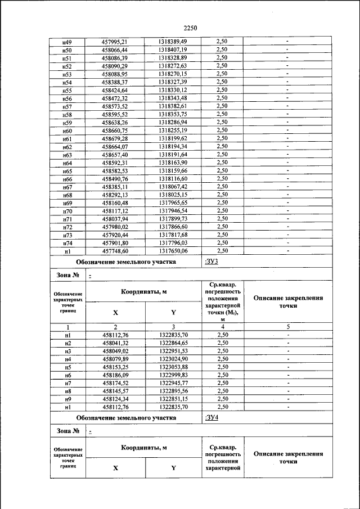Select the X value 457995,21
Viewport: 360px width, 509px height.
pyautogui.click(x=115, y=42)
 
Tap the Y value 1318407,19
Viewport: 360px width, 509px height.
pyautogui.click(x=173, y=49)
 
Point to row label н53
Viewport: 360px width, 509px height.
pyautogui.click(x=67, y=74)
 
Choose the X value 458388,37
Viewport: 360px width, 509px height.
pyautogui.click(x=115, y=82)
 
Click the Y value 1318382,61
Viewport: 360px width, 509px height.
pyautogui.click(x=173, y=106)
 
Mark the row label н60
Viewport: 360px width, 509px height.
pyautogui.click(x=67, y=130)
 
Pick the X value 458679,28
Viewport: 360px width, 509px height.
pyautogui.click(x=115, y=138)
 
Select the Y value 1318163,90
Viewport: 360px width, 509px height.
pyautogui.click(x=173, y=163)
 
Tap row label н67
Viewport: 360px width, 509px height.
pyautogui.click(x=67, y=187)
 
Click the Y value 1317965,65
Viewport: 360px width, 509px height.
pyautogui.click(x=173, y=202)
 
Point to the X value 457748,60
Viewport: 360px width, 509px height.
pyautogui.click(x=115, y=251)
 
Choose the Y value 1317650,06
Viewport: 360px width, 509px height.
pyautogui.click(x=173, y=251)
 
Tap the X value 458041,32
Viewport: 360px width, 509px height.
pyautogui.click(x=115, y=343)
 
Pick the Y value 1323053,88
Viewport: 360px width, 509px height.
pyautogui.click(x=173, y=367)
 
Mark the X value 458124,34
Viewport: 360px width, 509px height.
pyautogui.click(x=115, y=399)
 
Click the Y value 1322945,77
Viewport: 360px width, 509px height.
pyautogui.click(x=173, y=382)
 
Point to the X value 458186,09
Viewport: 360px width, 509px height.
pyautogui.click(x=115, y=375)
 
